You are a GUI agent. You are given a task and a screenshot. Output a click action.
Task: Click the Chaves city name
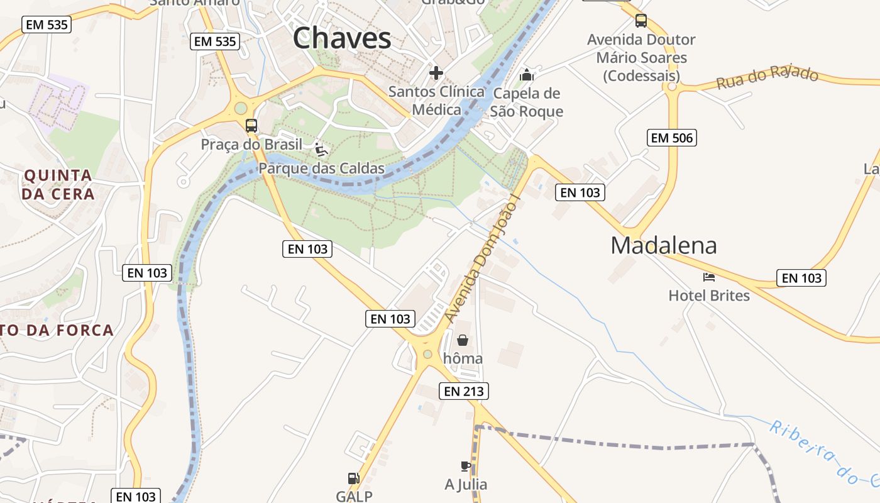point(342,39)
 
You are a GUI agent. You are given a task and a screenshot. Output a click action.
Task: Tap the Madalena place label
point(663,245)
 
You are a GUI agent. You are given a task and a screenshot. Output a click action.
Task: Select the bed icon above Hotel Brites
point(709,277)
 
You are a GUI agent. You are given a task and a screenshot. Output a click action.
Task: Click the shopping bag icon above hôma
point(463,340)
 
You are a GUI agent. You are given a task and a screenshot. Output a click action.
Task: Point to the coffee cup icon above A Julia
point(465,466)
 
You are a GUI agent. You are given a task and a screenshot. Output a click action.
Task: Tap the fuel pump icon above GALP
point(354,478)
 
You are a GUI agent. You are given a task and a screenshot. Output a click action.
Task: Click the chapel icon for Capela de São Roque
point(526,75)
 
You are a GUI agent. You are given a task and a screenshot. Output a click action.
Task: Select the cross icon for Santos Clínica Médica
point(436,73)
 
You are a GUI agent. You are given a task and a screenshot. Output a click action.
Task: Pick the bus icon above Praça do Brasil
point(251,125)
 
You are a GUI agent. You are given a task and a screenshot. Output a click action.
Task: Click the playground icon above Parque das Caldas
point(321,150)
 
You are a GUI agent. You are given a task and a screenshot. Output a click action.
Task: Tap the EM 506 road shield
point(672,138)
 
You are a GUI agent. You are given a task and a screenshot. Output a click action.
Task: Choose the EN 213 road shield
point(464,391)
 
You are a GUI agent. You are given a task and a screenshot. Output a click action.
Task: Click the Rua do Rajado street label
point(767,77)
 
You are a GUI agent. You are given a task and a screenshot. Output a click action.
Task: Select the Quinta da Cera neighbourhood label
point(58,184)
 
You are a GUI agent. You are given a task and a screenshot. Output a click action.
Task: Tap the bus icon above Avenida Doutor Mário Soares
point(641,21)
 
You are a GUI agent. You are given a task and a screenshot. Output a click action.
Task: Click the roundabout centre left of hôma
point(427,355)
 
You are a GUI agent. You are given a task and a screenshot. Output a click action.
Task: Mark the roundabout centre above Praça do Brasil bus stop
point(241,108)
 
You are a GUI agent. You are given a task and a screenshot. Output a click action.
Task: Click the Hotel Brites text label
point(709,296)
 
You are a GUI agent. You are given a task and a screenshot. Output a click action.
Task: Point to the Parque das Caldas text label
point(321,169)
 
